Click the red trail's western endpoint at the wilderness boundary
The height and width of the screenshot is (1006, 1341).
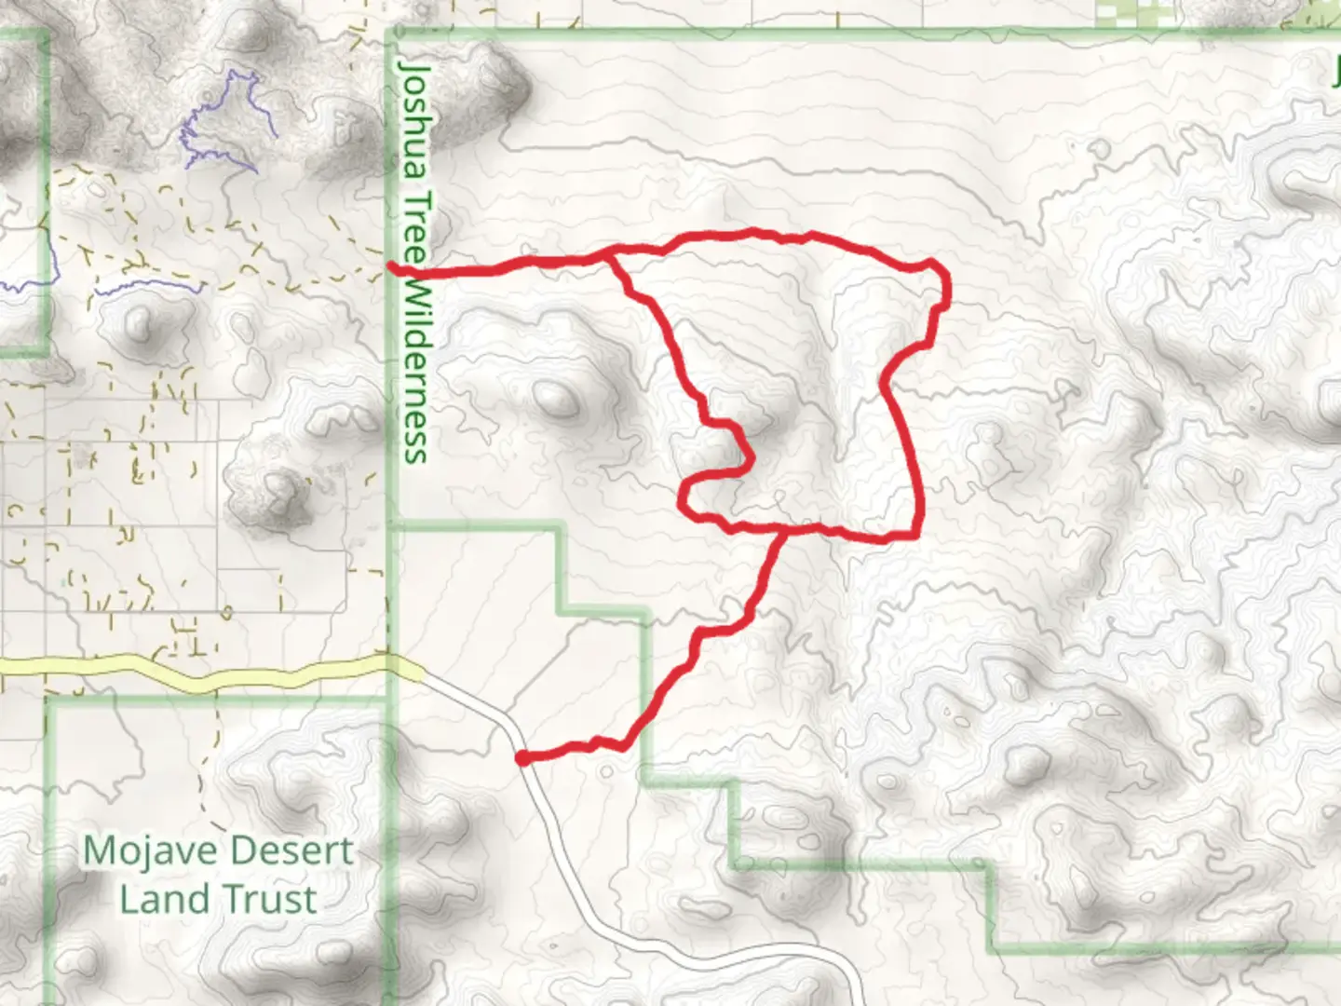tap(395, 269)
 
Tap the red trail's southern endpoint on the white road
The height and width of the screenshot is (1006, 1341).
tap(523, 758)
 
